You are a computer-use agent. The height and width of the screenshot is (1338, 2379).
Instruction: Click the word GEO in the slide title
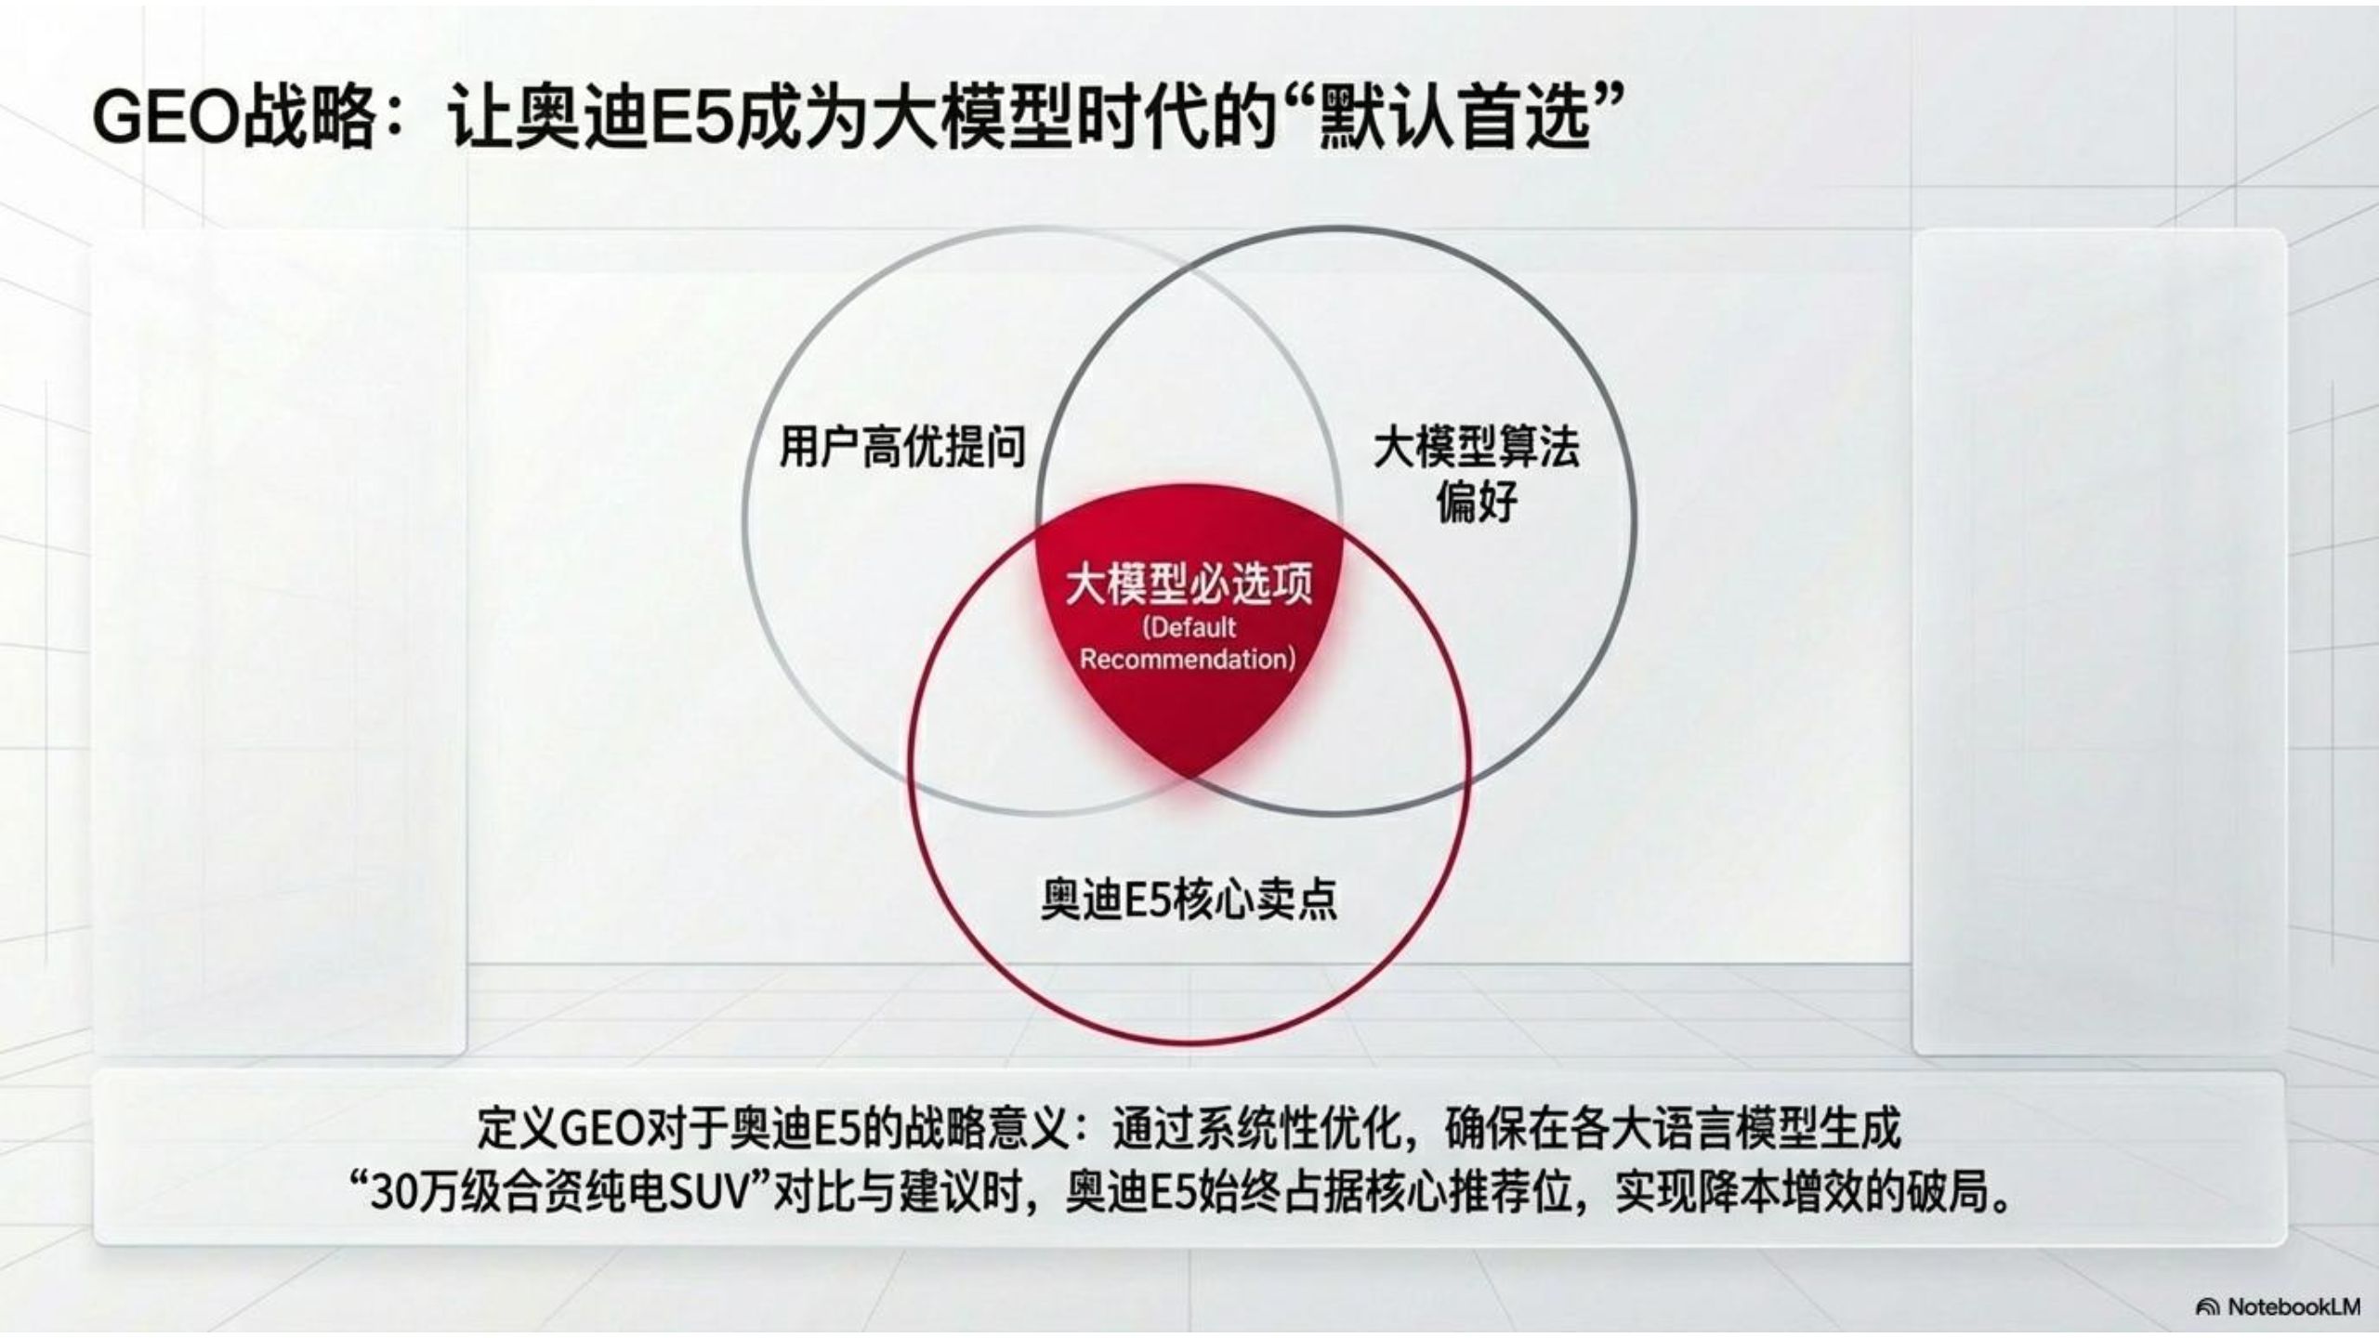(x=164, y=118)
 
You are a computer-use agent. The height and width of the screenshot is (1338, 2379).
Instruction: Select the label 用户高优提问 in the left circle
(x=902, y=446)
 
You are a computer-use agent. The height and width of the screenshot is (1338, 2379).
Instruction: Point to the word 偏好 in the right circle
(x=1477, y=502)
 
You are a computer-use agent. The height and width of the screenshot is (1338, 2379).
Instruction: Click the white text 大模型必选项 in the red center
(x=1189, y=583)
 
